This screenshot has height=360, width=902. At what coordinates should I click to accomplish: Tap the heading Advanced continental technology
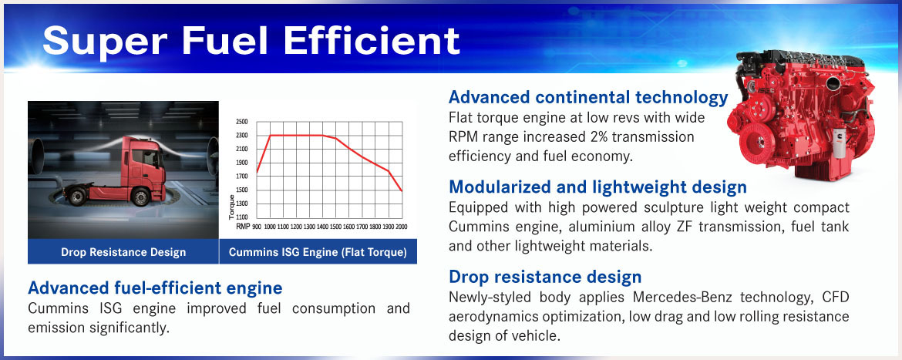588,98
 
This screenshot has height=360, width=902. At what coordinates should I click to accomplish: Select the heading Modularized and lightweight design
597,187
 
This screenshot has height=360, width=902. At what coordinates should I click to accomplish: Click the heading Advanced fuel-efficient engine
155,288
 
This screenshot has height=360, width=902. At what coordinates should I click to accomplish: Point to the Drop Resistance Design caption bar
123,252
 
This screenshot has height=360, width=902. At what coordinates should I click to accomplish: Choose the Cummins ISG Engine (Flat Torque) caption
318,252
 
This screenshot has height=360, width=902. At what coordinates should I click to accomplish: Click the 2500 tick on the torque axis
241,122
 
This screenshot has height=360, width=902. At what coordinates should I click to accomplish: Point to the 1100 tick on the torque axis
241,217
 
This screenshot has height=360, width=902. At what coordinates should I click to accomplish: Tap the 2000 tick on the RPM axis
401,227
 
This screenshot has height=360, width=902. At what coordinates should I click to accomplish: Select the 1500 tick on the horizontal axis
335,227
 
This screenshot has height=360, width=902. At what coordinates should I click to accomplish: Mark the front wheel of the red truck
140,197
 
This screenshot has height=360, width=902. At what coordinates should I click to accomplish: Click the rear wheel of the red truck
76,197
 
